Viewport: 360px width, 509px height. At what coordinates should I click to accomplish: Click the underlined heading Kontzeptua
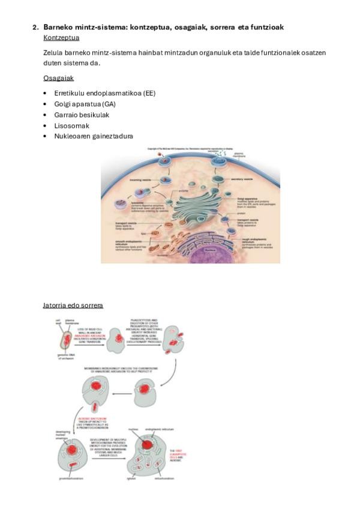click(x=61, y=37)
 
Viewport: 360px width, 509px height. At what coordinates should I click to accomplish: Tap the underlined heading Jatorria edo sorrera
click(x=73, y=306)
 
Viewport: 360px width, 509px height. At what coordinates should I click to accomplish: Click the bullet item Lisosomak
click(x=71, y=125)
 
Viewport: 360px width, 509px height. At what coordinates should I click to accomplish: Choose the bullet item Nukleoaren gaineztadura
click(x=94, y=136)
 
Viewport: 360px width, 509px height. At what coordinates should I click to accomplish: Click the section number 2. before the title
click(x=35, y=27)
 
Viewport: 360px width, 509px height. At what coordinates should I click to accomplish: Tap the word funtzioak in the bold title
click(x=264, y=27)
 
